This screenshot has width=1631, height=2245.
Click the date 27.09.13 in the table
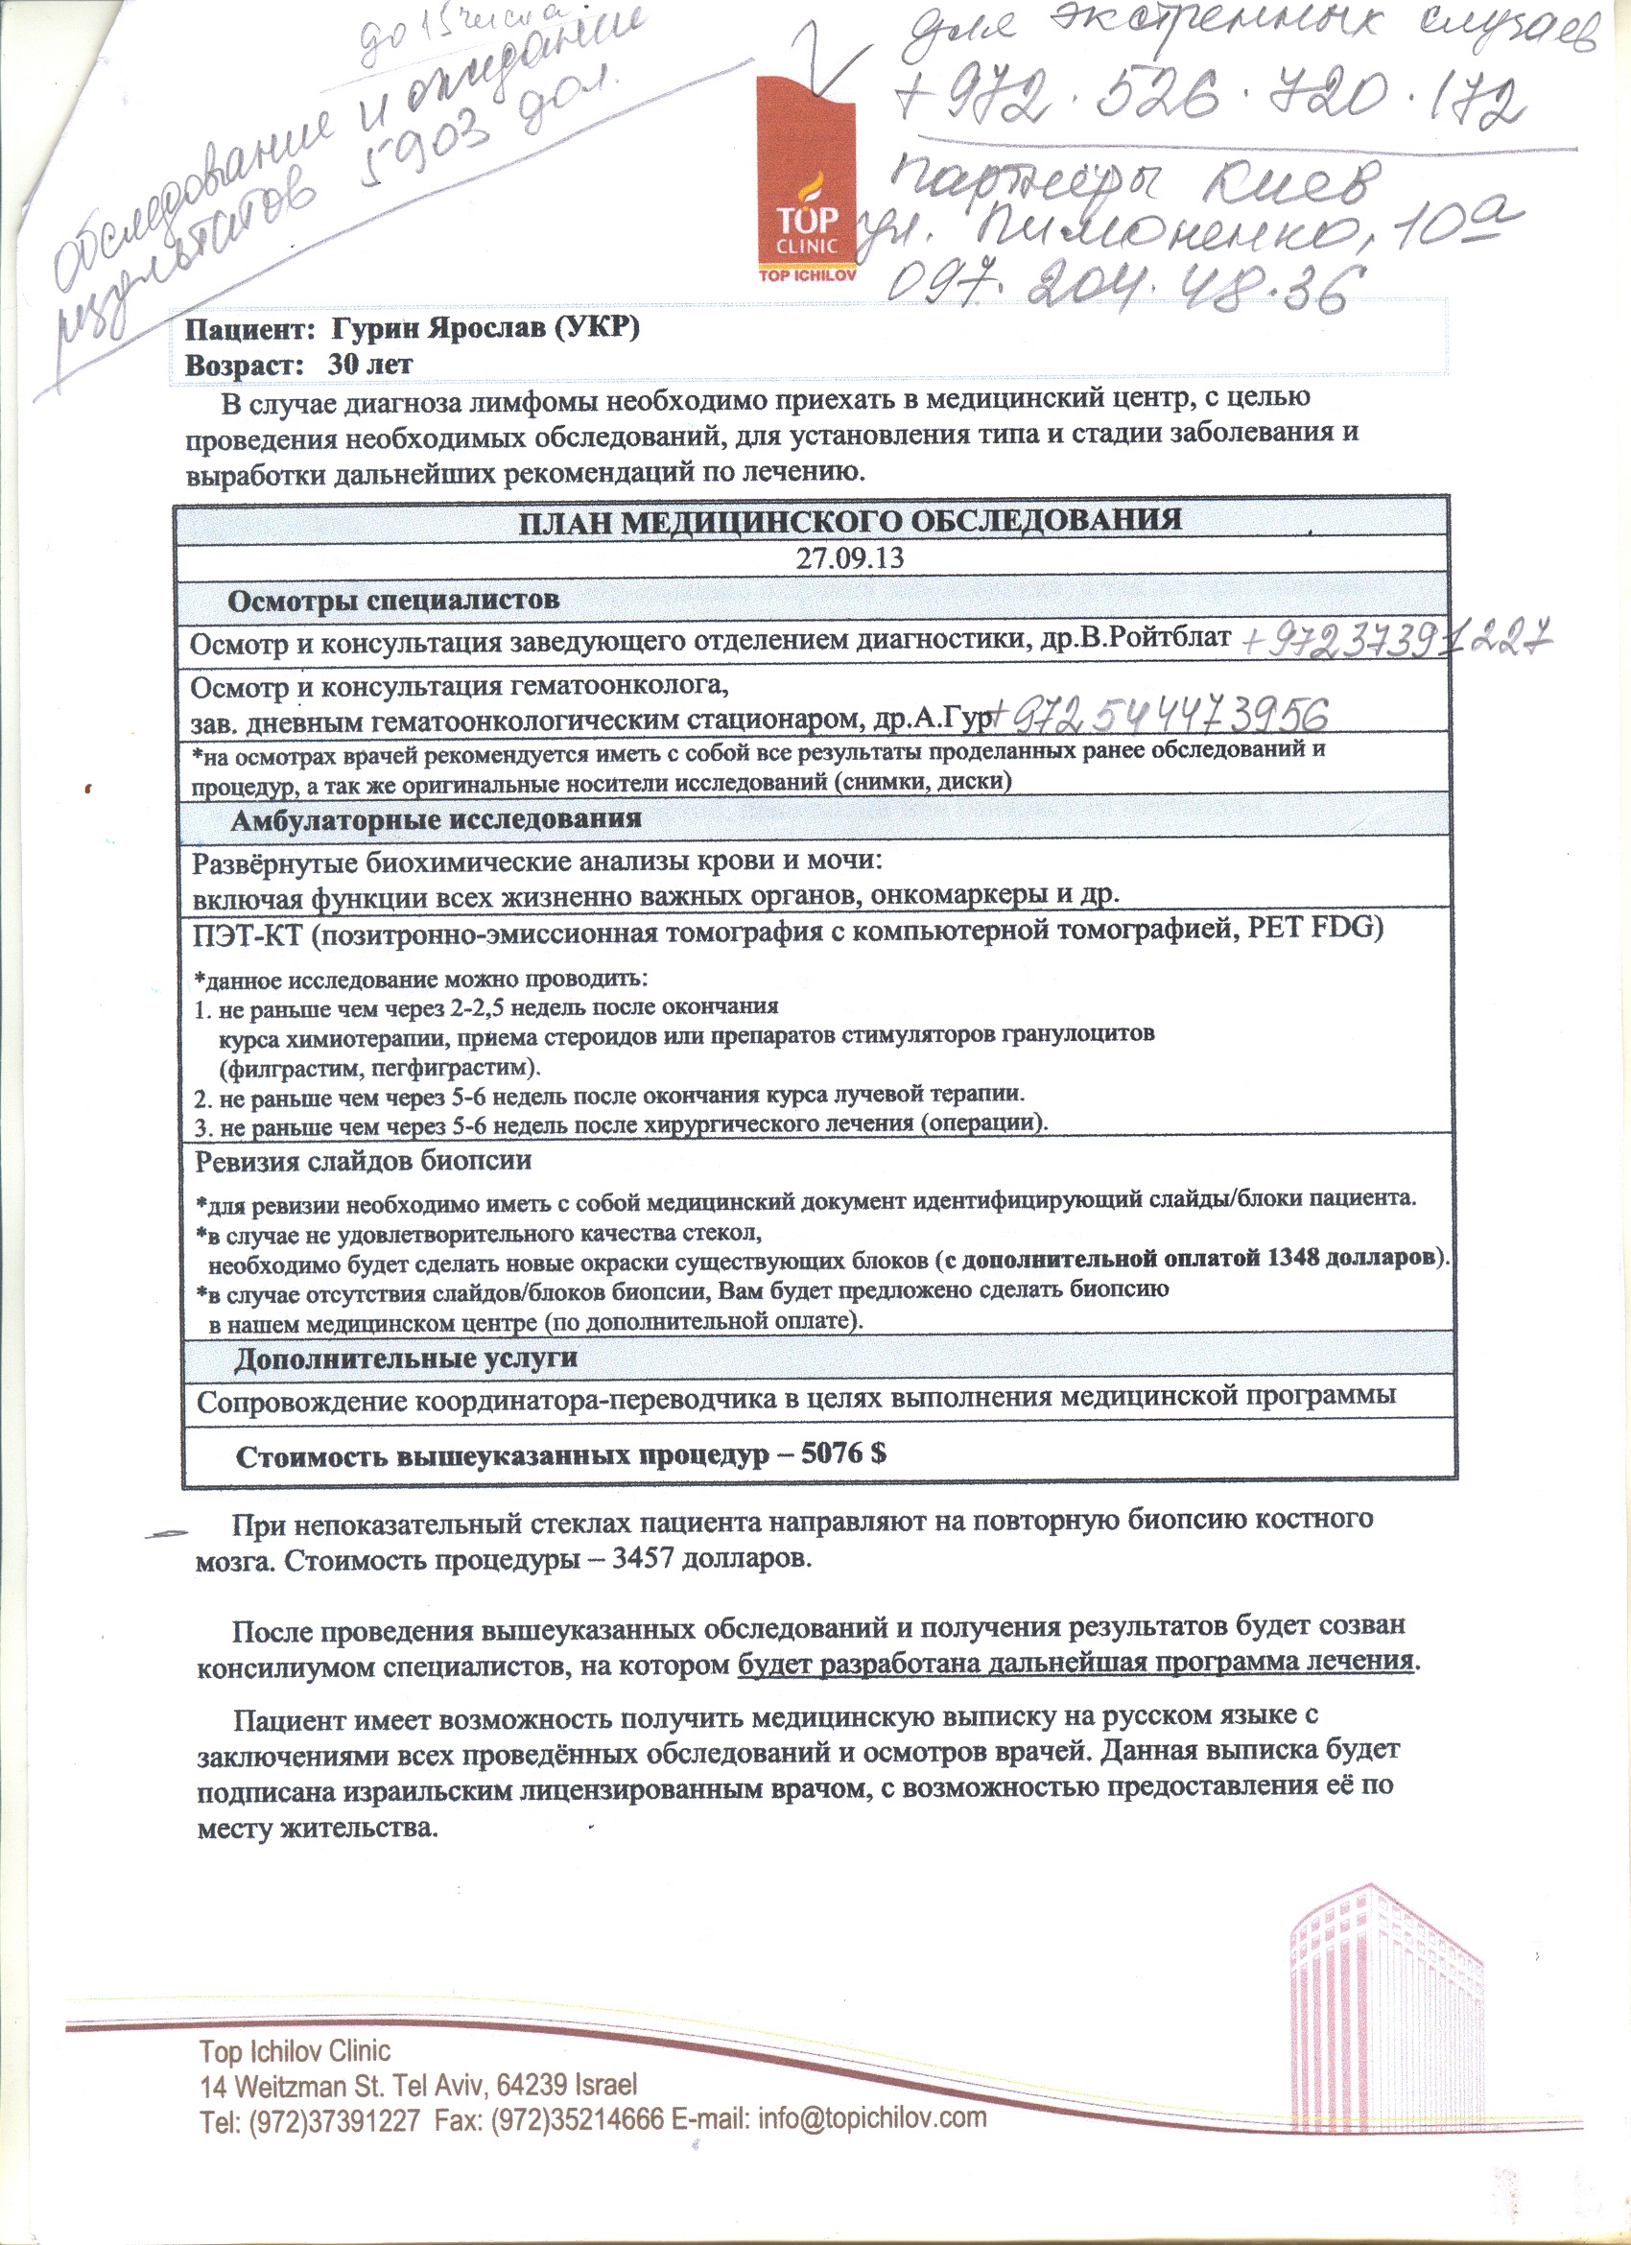(850, 557)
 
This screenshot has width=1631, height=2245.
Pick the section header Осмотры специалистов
(394, 600)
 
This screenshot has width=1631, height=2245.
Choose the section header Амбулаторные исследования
(437, 819)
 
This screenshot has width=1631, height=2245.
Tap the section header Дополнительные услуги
(406, 1359)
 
